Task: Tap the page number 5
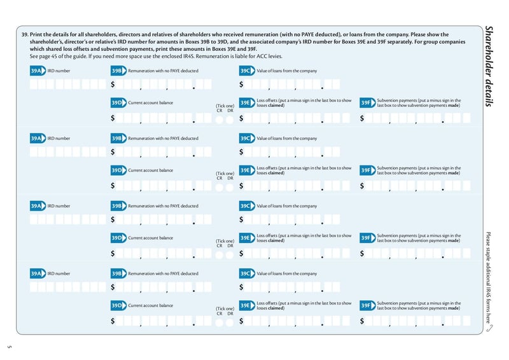pos(10,347)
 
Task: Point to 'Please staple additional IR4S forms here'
pos(488,277)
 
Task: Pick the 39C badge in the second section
pos(246,138)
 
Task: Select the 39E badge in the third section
pos(246,237)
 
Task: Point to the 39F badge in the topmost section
pos(367,102)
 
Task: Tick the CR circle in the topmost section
pos(219,119)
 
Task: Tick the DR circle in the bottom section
pos(230,322)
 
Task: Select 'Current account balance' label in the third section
pos(151,238)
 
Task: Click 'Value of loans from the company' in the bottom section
pos(286,273)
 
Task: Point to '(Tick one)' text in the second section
pos(225,173)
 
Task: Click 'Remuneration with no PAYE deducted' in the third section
pos(163,206)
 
